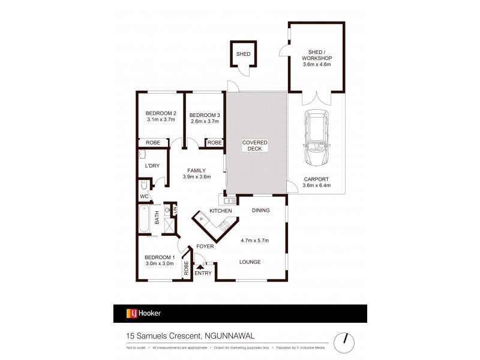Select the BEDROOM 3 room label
(205, 115)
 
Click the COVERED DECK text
(255, 145)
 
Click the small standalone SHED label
(243, 54)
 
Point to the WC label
(144, 196)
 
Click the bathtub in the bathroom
(144, 220)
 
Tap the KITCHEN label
(220, 211)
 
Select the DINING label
(260, 211)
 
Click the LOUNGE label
(251, 262)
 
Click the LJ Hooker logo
(143, 313)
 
